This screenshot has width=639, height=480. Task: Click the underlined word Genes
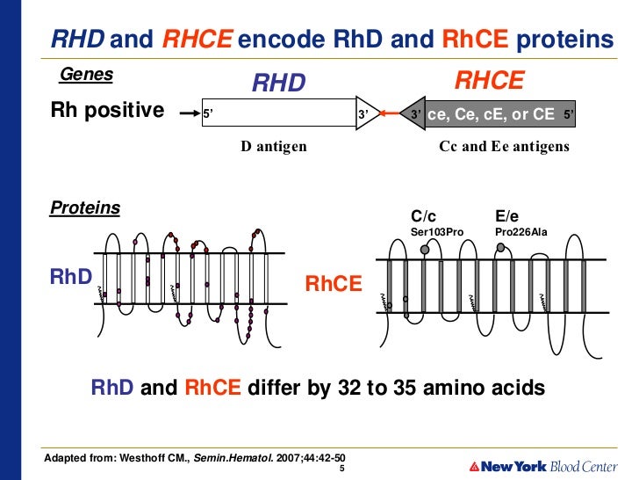pyautogui.click(x=86, y=75)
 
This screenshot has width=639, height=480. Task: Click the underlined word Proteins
pyautogui.click(x=85, y=207)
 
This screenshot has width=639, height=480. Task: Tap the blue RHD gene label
pyautogui.click(x=278, y=84)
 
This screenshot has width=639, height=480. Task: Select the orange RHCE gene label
pyautogui.click(x=489, y=82)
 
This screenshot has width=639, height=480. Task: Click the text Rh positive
pyautogui.click(x=107, y=111)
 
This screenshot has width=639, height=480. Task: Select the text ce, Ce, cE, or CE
pyautogui.click(x=491, y=114)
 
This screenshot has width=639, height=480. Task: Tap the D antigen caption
pyautogui.click(x=274, y=147)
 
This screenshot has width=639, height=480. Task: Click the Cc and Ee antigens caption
pyautogui.click(x=504, y=147)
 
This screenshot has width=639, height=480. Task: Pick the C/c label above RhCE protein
pyautogui.click(x=424, y=216)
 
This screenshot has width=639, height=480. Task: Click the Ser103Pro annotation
pyautogui.click(x=437, y=231)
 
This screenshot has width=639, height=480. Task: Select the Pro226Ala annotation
pyautogui.click(x=521, y=231)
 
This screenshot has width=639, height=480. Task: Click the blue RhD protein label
pyautogui.click(x=71, y=277)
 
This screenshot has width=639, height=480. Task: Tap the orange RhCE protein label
pyautogui.click(x=334, y=284)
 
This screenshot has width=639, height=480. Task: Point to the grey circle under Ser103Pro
pyautogui.click(x=426, y=250)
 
